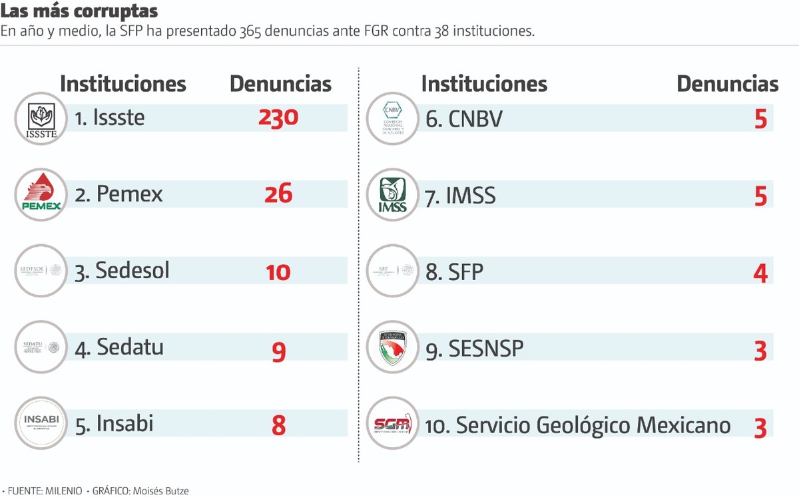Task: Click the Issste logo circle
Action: [x=41, y=119]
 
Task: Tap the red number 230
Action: [x=278, y=118]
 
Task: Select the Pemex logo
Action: [x=41, y=195]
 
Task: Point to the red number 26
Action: [x=278, y=194]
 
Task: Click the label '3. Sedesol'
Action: [x=123, y=271]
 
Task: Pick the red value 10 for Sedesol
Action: [x=278, y=271]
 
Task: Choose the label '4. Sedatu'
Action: [x=119, y=347]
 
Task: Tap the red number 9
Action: [x=278, y=351]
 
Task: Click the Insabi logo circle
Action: [x=41, y=423]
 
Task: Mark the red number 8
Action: [x=278, y=426]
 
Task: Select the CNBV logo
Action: [x=392, y=119]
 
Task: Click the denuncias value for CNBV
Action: [x=760, y=120]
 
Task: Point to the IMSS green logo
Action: [x=392, y=195]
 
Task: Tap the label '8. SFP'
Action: [x=455, y=272]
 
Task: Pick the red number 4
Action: [x=760, y=273]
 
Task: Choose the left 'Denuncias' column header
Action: [x=280, y=84]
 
